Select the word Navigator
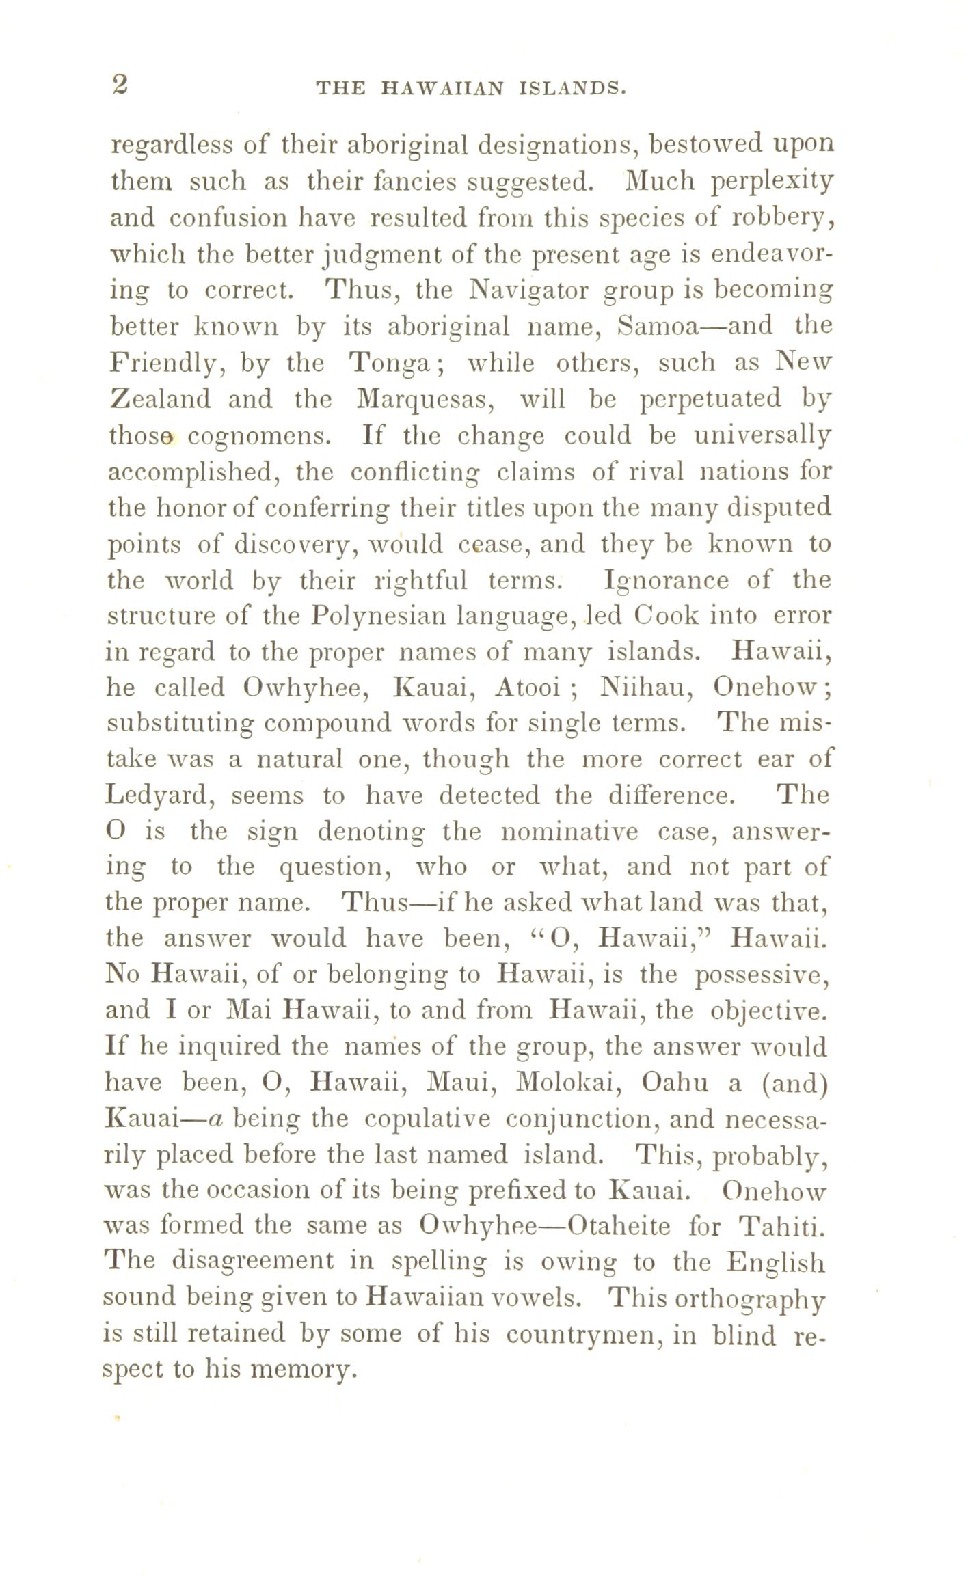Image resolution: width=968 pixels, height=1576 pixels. pyautogui.click(x=530, y=290)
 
